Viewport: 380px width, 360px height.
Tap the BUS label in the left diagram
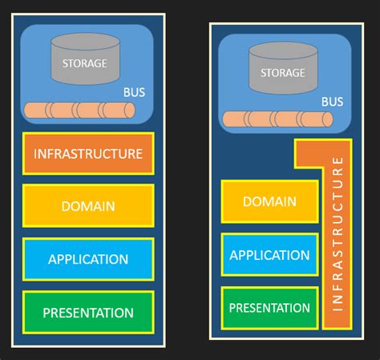point(134,92)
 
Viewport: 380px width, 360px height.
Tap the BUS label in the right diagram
point(332,102)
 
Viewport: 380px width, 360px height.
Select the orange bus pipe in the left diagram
point(79,111)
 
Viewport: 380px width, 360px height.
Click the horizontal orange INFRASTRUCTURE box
point(87,153)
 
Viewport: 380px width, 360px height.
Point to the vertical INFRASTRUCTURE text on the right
point(338,233)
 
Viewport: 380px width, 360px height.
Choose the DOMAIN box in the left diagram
point(87,206)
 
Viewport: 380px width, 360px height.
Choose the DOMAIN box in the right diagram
point(269,202)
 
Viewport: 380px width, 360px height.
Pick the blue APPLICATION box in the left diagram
point(87,259)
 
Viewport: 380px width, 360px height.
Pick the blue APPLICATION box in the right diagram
point(269,255)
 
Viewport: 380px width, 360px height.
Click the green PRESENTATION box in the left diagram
point(87,313)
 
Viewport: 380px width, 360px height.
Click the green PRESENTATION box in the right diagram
point(269,308)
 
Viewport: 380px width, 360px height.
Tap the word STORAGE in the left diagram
point(85,63)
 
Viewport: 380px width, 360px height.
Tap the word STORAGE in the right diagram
point(282,73)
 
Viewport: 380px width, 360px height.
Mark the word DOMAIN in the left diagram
point(87,206)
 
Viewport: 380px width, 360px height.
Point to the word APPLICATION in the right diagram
point(269,255)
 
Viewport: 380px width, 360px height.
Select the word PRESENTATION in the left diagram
point(87,313)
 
